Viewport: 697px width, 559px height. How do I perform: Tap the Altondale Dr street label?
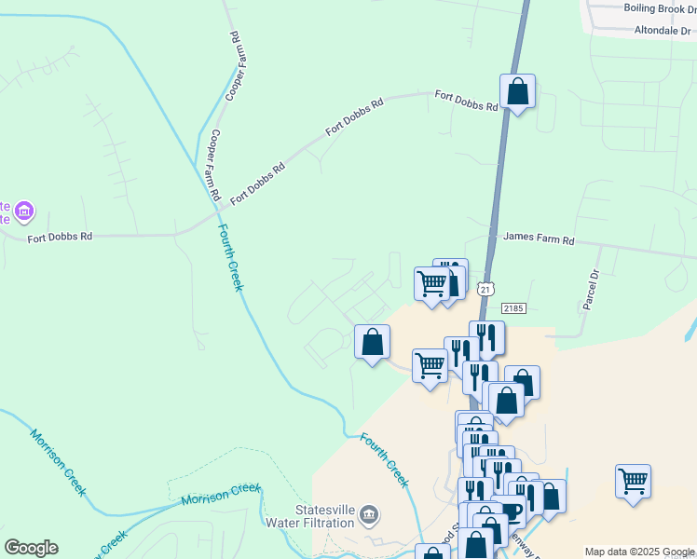[664, 30]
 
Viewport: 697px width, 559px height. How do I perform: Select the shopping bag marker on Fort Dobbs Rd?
[517, 92]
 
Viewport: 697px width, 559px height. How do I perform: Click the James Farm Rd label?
[539, 239]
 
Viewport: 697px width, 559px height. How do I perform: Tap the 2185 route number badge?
[513, 307]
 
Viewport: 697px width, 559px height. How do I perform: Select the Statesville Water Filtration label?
[324, 516]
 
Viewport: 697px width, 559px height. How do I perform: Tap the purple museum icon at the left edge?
[23, 212]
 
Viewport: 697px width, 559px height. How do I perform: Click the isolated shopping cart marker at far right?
[633, 483]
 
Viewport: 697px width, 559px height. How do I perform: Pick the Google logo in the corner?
[31, 548]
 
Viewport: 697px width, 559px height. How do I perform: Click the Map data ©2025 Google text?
[639, 552]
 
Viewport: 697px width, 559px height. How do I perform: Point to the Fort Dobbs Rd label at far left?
[60, 238]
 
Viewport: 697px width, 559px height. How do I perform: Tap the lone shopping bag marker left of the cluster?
[372, 342]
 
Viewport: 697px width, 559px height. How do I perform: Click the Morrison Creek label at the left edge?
[58, 460]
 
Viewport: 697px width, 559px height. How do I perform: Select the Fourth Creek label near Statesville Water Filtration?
[385, 460]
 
